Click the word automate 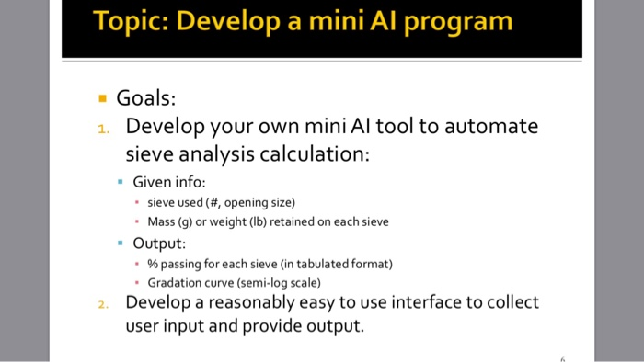[x=492, y=126]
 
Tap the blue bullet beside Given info [x=121, y=182]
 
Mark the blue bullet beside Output [x=121, y=243]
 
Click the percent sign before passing [x=153, y=265]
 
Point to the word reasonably [x=252, y=302]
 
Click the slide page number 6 [x=561, y=356]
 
